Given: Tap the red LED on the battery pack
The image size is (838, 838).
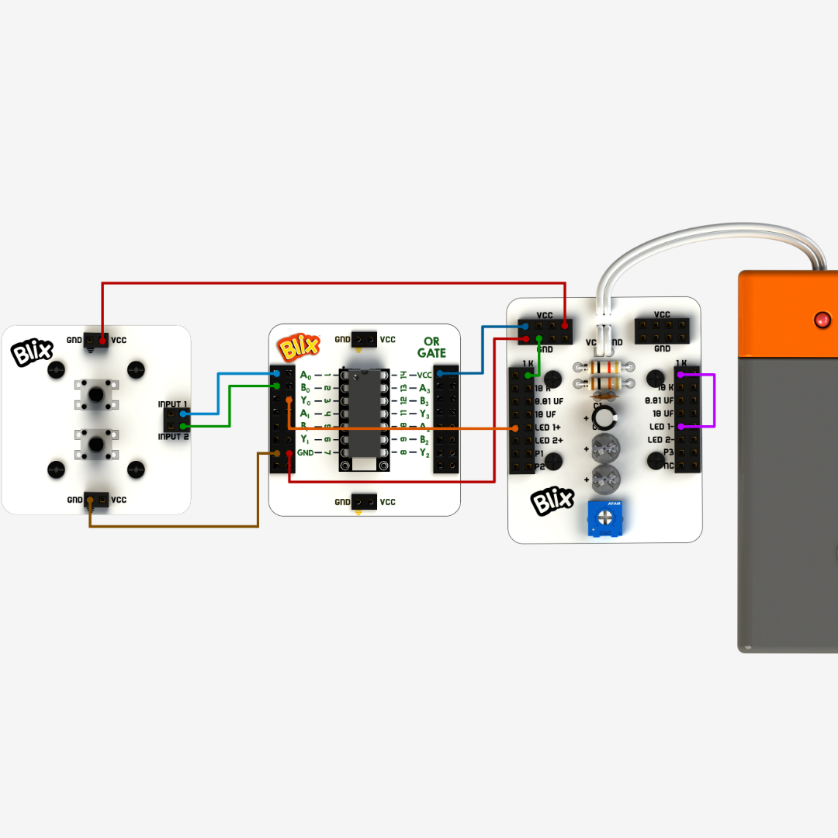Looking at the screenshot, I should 821,319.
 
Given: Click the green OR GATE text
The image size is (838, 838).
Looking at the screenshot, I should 431,347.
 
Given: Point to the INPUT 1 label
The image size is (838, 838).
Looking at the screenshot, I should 172,404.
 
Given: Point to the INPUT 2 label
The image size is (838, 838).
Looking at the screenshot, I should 172,437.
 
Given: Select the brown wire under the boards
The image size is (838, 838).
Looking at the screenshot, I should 178,527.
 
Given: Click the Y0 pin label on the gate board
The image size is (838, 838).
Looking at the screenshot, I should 305,400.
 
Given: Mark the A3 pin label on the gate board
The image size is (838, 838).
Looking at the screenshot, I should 424,388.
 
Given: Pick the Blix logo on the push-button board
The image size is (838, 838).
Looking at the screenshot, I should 30,354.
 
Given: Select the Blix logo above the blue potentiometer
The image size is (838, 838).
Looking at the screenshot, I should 552,500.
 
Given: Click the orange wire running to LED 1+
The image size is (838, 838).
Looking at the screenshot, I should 403,428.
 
